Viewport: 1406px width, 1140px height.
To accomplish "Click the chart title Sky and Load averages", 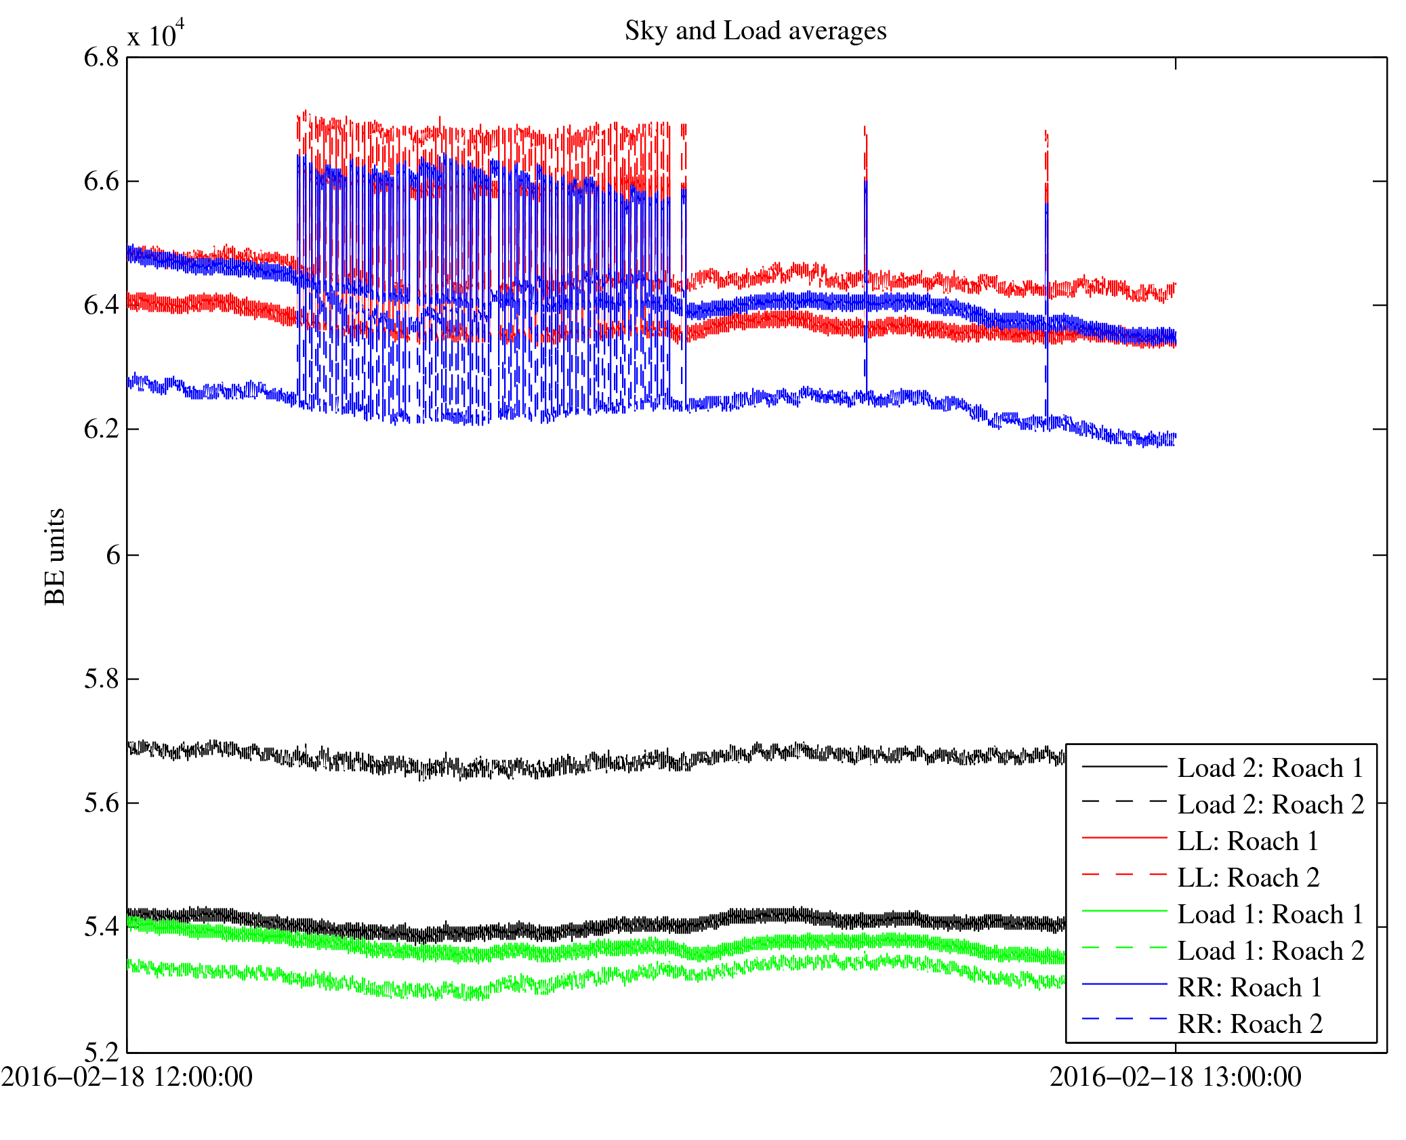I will point(755,31).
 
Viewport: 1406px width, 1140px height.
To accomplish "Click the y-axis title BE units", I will point(54,555).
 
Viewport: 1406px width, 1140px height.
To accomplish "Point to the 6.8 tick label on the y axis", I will point(101,58).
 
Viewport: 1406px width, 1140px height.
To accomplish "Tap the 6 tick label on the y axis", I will point(112,555).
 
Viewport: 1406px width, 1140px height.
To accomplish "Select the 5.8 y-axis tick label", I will point(101,679).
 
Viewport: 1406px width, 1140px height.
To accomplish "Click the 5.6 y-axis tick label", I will point(101,803).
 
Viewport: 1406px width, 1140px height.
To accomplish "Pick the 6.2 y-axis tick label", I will point(101,429).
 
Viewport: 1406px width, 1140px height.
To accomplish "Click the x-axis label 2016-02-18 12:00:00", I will point(127,1077).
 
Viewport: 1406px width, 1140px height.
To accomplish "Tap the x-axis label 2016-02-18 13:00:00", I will point(1175,1077).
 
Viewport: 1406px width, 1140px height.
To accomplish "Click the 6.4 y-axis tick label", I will point(101,305).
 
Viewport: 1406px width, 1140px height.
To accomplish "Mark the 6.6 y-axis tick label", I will point(101,181).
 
